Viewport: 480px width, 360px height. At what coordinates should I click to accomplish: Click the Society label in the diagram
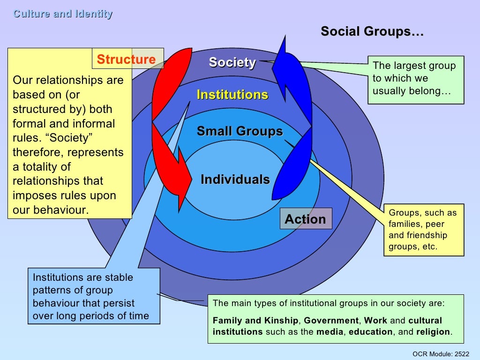click(232, 62)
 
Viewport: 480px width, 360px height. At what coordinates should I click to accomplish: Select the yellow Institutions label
click(232, 95)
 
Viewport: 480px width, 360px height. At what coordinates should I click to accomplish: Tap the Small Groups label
click(240, 131)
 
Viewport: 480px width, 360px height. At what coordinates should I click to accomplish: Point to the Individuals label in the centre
click(235, 180)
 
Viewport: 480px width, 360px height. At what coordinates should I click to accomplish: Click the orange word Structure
click(126, 60)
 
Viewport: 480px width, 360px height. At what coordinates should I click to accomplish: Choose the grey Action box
click(306, 219)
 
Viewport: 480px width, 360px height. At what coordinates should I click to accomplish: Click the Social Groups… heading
click(372, 32)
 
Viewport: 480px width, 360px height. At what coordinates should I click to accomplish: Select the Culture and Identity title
click(63, 14)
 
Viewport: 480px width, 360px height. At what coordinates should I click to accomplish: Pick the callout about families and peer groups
click(423, 230)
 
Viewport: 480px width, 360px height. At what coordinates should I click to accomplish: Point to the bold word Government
click(331, 321)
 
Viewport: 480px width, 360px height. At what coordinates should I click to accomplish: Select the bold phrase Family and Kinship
click(255, 321)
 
